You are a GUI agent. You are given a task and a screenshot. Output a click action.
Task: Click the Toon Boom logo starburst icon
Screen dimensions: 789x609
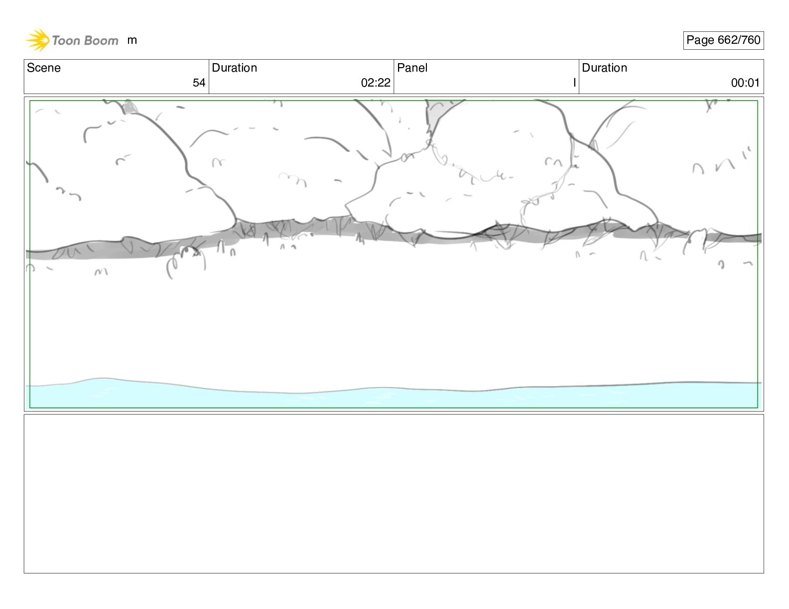click(37, 40)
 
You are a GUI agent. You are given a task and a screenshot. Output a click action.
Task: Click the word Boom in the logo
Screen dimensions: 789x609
click(101, 40)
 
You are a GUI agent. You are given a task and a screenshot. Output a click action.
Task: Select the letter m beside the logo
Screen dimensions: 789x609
click(132, 40)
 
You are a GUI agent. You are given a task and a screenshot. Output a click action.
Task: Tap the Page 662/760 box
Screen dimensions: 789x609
click(723, 40)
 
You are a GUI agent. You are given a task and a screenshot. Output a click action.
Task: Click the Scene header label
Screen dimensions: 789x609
click(44, 68)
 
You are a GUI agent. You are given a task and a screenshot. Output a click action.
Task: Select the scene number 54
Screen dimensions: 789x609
click(199, 83)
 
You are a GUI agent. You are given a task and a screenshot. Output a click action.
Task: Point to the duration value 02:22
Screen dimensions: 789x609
click(376, 83)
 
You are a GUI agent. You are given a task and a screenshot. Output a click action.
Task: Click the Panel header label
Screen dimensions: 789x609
click(412, 68)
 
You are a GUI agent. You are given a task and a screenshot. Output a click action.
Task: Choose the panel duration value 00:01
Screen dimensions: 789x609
click(745, 83)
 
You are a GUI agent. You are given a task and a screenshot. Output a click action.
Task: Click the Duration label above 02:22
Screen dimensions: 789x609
click(234, 68)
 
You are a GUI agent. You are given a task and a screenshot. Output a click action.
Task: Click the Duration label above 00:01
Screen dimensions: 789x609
click(604, 68)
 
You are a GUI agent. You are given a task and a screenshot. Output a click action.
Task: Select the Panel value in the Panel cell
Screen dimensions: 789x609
click(574, 83)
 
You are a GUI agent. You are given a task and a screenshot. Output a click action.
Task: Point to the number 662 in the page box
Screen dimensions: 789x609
click(727, 40)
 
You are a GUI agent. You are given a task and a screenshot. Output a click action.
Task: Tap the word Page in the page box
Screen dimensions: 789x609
click(700, 40)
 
